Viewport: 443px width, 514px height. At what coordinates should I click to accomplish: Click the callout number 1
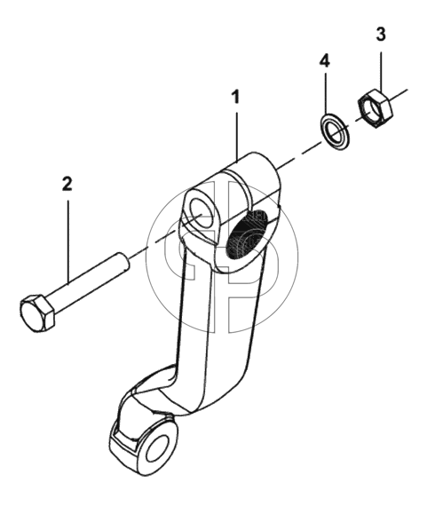tap(236, 98)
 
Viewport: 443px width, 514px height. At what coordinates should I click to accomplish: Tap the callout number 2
tap(67, 184)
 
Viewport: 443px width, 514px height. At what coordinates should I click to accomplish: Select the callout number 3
tap(380, 35)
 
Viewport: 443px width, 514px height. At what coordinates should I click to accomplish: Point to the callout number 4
tap(325, 60)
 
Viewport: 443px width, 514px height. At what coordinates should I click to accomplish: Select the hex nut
tap(375, 107)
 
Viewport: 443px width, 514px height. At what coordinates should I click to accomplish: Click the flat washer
tap(335, 131)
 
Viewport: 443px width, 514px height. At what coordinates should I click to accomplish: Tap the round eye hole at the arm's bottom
tap(158, 447)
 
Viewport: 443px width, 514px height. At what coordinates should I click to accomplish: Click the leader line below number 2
tap(68, 241)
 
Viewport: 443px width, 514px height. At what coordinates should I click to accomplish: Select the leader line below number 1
tap(237, 137)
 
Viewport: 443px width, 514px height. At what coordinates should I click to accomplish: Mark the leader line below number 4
tap(325, 94)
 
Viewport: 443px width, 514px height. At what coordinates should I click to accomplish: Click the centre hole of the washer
tap(335, 132)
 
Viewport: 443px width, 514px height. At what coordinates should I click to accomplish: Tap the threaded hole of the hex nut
tap(373, 109)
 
